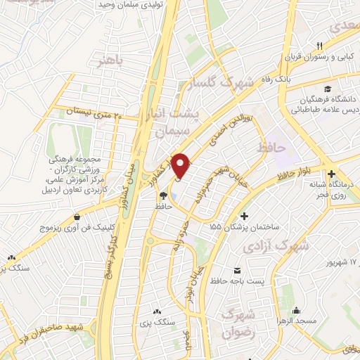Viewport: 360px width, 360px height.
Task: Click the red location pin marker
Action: pyautogui.click(x=181, y=165)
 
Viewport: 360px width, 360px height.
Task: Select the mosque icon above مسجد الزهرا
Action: pyautogui.click(x=297, y=309)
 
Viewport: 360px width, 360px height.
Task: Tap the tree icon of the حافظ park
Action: pyautogui.click(x=163, y=196)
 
